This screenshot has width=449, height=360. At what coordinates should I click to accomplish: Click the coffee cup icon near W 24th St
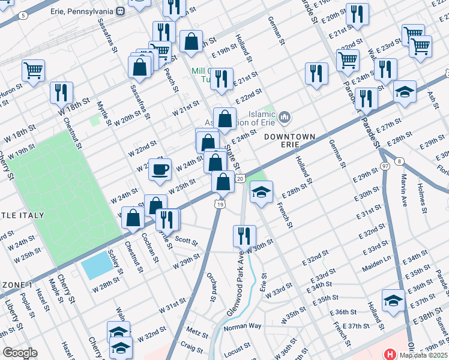(x=160, y=170)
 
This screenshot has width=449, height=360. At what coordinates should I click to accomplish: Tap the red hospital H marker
(x=389, y=355)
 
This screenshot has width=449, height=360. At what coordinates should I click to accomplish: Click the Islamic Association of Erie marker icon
(x=285, y=115)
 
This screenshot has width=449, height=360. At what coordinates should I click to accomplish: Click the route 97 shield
(x=384, y=165)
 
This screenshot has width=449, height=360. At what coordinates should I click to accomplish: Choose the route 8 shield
(x=400, y=161)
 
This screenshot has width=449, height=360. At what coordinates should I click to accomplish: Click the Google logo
(x=20, y=353)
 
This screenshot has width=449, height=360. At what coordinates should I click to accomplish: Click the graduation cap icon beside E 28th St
(x=261, y=192)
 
